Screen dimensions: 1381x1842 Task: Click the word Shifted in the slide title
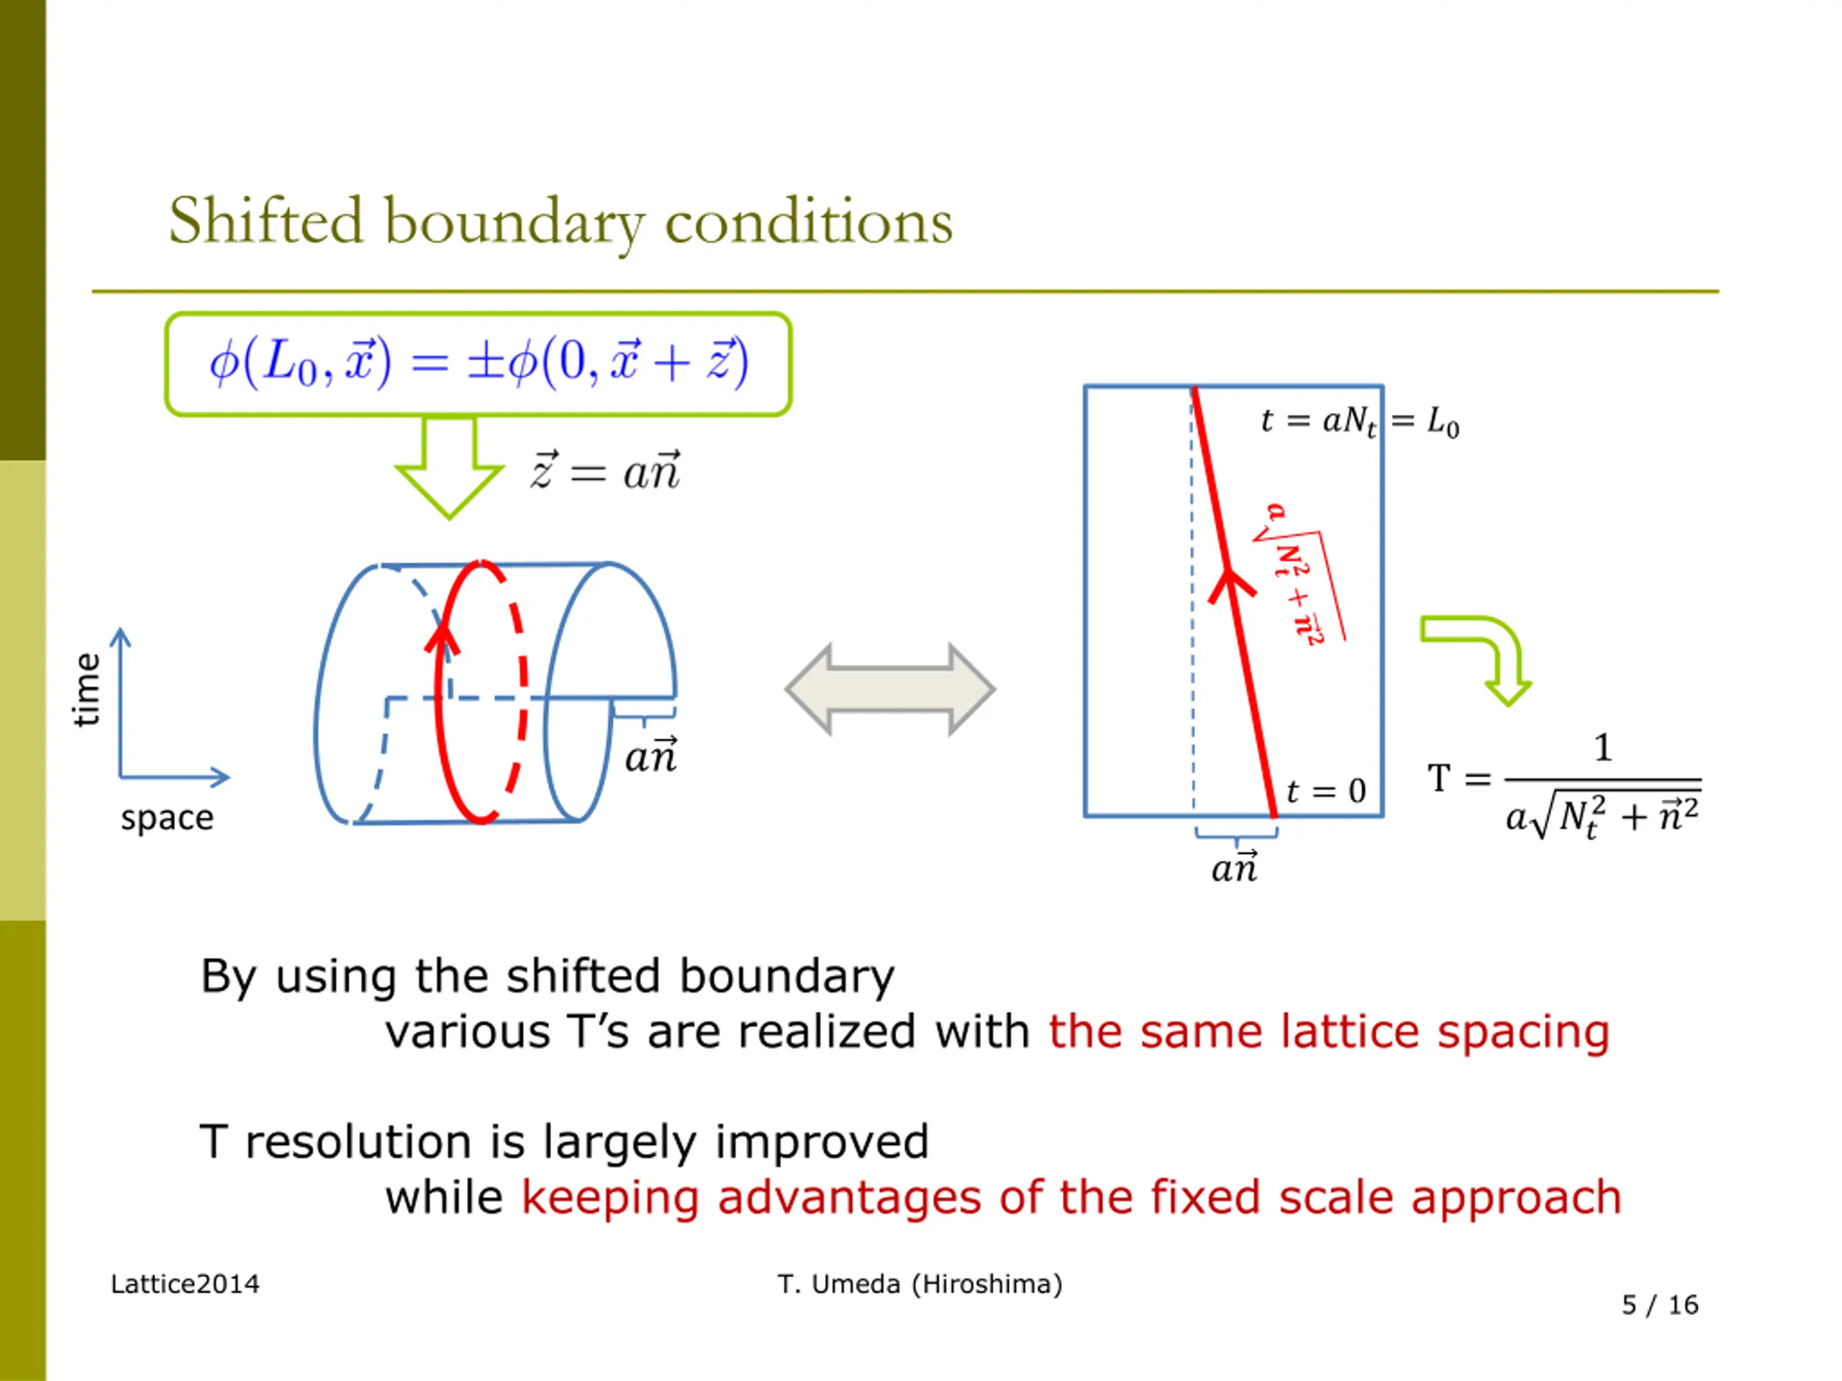pyautogui.click(x=266, y=222)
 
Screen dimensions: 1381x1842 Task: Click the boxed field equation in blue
pyautogui.click(x=478, y=363)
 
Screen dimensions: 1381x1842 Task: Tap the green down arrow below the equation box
pyautogui.click(x=450, y=470)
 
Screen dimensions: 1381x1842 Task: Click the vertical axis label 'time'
pyautogui.click(x=86, y=689)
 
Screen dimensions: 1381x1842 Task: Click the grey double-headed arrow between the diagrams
pyautogui.click(x=890, y=689)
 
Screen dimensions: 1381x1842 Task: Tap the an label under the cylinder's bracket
pyautogui.click(x=651, y=756)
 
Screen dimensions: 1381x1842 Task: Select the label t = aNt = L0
pyautogui.click(x=1359, y=421)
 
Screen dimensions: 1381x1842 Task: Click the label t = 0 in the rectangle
pyautogui.click(x=1325, y=790)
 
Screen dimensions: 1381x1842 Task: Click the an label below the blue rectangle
pyautogui.click(x=1235, y=867)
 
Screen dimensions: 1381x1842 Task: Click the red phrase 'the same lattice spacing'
pyautogui.click(x=1328, y=1032)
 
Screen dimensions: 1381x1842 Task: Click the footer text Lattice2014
pyautogui.click(x=185, y=1285)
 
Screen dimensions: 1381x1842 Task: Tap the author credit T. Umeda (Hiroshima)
pyautogui.click(x=920, y=1285)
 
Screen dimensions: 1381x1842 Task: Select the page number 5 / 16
pyautogui.click(x=1660, y=1305)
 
